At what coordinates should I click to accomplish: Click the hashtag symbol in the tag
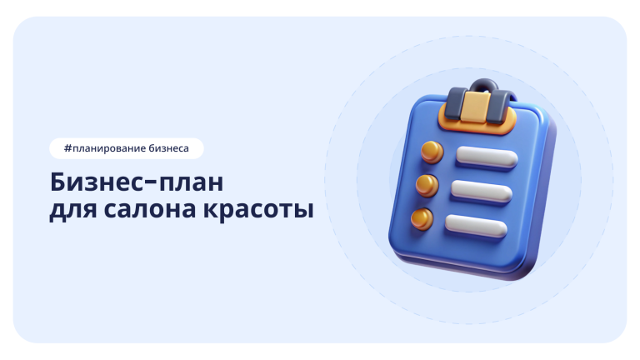67,148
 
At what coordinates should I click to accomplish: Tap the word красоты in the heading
258,210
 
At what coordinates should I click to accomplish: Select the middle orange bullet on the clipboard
426,184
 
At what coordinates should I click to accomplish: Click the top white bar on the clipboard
488,157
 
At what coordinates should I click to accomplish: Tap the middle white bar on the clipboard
481,190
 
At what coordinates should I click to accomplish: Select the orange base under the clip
475,127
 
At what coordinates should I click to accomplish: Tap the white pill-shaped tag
125,148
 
